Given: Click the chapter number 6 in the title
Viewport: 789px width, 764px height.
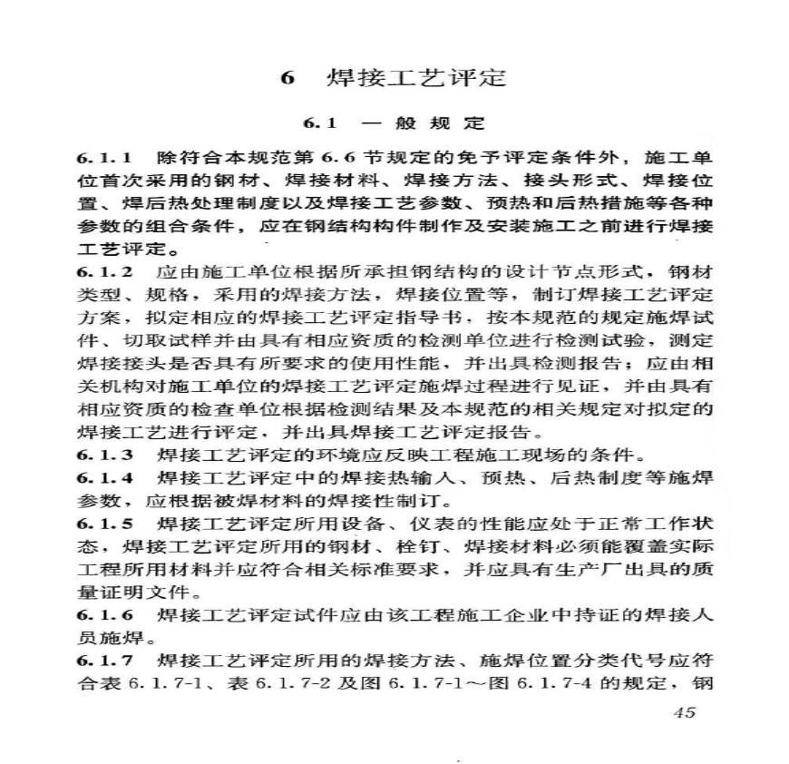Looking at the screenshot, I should point(287,79).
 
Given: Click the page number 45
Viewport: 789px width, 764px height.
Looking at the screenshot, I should point(686,712).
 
